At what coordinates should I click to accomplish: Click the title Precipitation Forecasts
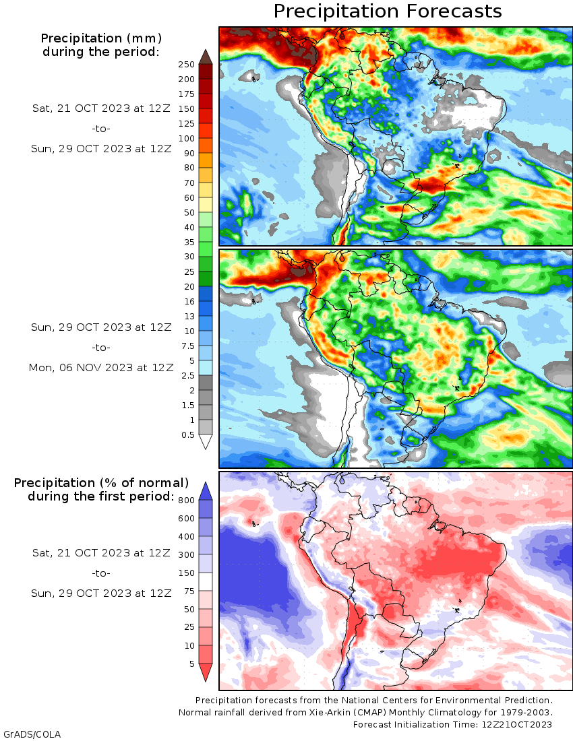[388, 11]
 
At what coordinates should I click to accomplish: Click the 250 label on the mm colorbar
[186, 65]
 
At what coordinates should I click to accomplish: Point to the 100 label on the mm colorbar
[186, 139]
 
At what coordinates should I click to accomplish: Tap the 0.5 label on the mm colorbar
[187, 434]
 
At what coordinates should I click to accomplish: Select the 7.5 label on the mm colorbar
[187, 346]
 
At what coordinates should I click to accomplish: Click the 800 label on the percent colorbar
[186, 501]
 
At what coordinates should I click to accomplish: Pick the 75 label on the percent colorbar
[189, 591]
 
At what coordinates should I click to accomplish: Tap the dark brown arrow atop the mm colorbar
[206, 56]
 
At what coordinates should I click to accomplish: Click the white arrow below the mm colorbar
[206, 442]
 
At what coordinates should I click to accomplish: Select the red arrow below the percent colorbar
[206, 672]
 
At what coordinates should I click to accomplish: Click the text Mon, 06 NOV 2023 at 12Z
[101, 368]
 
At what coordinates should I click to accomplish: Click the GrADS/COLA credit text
[32, 734]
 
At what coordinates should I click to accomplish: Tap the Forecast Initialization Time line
[452, 724]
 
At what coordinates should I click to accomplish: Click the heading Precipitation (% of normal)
[101, 483]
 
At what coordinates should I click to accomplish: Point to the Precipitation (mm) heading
[101, 38]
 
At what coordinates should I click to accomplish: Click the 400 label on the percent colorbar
[186, 537]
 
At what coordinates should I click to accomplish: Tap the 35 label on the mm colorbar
[189, 243]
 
